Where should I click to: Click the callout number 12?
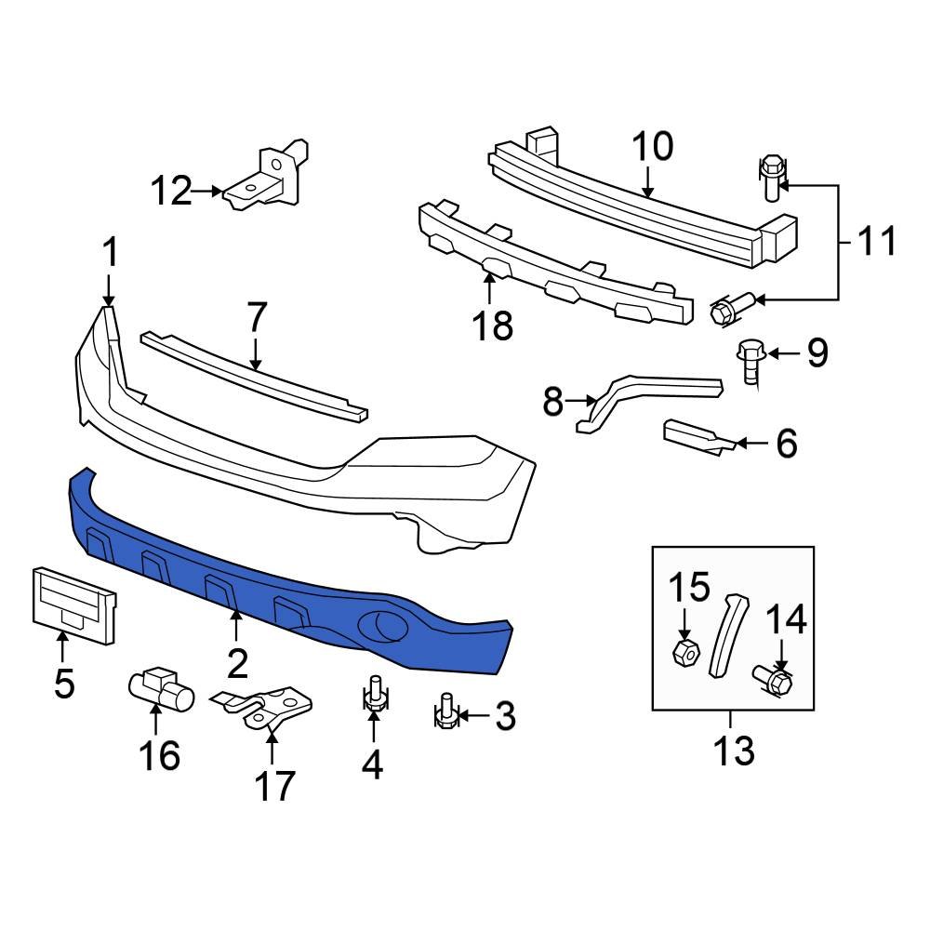(171, 192)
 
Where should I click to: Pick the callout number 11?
(874, 241)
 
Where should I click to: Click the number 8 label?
(553, 403)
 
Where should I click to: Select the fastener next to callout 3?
(445, 712)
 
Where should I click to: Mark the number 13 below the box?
(733, 749)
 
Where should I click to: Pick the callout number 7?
(257, 318)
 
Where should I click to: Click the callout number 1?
(110, 253)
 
